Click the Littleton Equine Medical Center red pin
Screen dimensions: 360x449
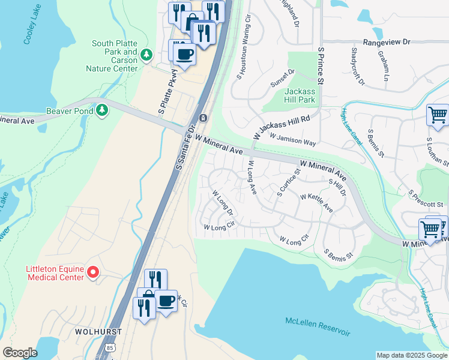click(x=92, y=273)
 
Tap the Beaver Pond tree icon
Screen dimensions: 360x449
click(x=103, y=110)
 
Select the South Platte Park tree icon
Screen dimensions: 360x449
click(x=146, y=55)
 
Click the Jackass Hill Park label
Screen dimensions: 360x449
click(x=300, y=95)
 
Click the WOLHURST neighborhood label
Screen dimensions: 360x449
click(x=99, y=331)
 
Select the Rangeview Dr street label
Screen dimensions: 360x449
click(x=390, y=42)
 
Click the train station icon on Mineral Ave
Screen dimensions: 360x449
click(x=203, y=118)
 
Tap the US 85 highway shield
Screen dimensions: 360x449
click(x=109, y=347)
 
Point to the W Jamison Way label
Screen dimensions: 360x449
click(x=292, y=140)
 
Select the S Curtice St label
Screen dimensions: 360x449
click(x=288, y=183)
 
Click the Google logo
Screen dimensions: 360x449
click(x=20, y=353)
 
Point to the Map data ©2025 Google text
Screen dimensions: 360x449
click(x=411, y=355)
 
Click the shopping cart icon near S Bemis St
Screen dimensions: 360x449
click(x=438, y=114)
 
